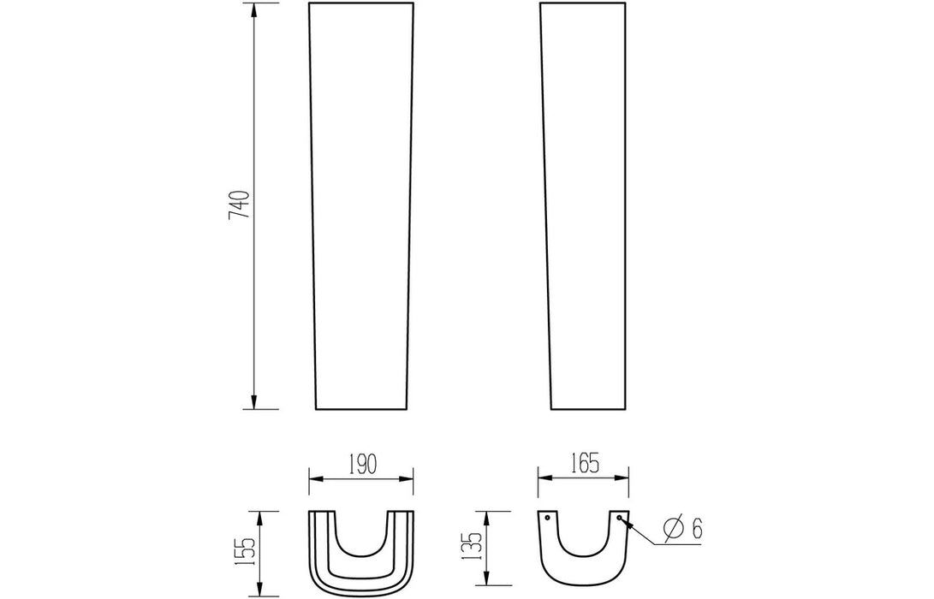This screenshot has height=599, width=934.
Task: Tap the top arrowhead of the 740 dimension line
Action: point(255,9)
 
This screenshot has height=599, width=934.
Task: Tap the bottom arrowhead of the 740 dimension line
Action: point(255,403)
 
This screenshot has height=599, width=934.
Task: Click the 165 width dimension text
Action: point(582,464)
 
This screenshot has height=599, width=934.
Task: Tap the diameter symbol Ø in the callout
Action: point(673,529)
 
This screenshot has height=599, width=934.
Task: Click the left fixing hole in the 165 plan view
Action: point(548,517)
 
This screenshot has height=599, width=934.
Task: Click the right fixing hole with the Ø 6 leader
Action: point(618,517)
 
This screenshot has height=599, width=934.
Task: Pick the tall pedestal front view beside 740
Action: point(360,205)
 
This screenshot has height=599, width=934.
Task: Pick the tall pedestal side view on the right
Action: point(586,205)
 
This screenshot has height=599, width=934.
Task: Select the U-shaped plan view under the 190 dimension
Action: point(360,552)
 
